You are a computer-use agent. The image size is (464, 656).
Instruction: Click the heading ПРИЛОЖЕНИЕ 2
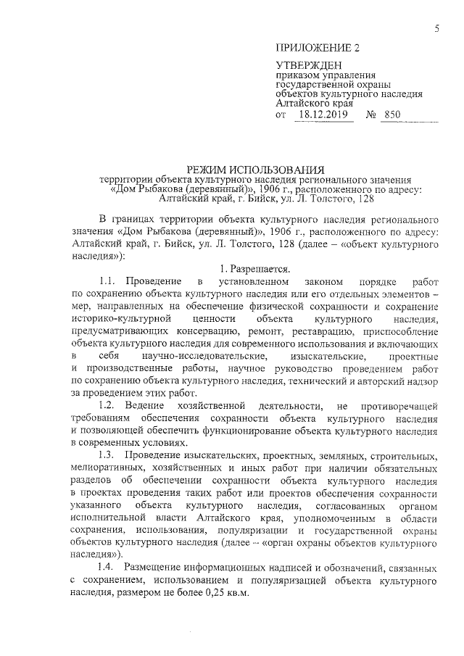(x=317, y=49)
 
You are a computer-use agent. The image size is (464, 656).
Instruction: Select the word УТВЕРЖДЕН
(x=305, y=66)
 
